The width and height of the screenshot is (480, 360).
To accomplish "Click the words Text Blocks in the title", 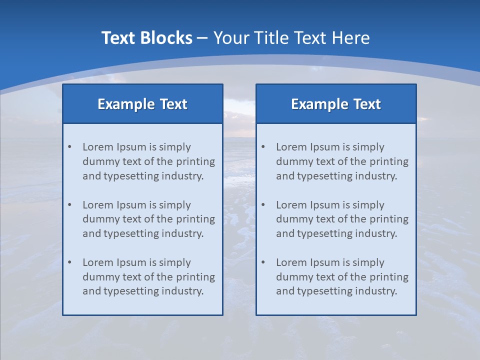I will point(146,38).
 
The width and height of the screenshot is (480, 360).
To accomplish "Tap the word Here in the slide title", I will point(351,38).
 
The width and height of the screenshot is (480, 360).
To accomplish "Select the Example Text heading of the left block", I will point(142,104).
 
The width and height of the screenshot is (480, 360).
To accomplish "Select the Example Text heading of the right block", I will point(336,104).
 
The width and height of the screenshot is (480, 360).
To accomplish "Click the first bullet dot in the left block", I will point(69,147).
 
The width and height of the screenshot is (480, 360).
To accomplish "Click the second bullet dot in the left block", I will point(69,205).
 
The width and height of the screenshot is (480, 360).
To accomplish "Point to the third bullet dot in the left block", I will point(69,262).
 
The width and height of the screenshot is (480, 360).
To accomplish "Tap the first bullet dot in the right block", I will point(263,147).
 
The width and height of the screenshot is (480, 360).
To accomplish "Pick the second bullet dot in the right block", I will point(263,205).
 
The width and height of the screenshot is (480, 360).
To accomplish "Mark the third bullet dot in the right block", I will point(263,262).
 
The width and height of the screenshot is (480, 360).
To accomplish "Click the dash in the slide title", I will point(202,38).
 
